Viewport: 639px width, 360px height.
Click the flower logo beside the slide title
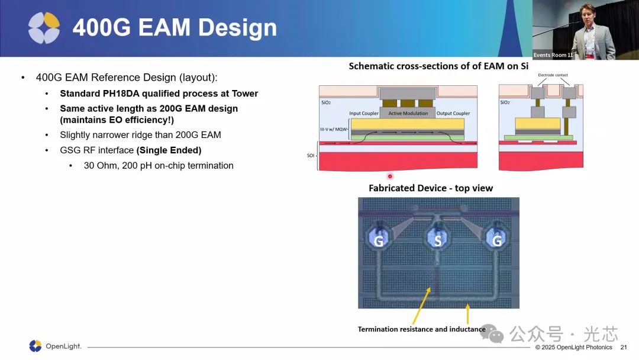[44, 28]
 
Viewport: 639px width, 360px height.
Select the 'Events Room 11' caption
[553, 55]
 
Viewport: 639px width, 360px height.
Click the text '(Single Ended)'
[169, 150]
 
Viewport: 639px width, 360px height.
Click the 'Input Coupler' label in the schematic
[363, 113]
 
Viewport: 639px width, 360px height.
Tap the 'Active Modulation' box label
[408, 113]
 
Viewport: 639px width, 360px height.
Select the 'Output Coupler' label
[453, 113]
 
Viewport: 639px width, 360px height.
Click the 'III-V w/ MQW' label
[333, 129]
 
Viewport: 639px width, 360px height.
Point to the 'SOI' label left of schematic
[311, 155]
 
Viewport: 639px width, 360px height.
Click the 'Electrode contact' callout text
[553, 75]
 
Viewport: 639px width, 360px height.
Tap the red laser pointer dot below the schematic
[390, 176]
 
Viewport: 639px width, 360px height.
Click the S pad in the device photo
[438, 239]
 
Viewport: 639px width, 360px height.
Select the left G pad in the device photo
[379, 239]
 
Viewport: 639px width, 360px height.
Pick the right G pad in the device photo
[497, 239]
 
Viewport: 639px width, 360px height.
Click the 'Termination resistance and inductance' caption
[422, 329]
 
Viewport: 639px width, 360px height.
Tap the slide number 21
[624, 348]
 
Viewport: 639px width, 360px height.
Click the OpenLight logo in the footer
[56, 346]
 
